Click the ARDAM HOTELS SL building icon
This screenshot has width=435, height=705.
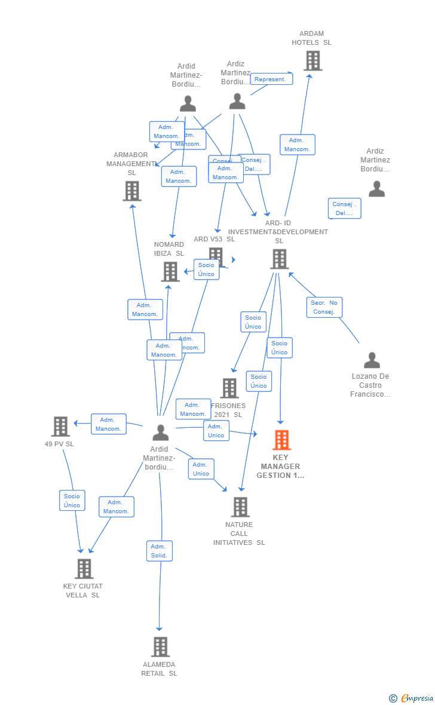tap(313, 61)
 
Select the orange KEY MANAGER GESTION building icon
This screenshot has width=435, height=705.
tap(281, 440)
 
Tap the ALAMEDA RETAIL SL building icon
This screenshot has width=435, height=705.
tap(160, 646)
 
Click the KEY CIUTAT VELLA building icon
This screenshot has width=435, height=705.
tap(84, 569)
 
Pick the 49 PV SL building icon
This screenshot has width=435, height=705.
tap(60, 427)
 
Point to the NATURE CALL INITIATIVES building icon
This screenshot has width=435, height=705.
tap(240, 507)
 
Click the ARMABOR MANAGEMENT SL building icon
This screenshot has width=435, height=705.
tap(132, 191)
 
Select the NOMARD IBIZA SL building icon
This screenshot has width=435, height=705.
tap(170, 272)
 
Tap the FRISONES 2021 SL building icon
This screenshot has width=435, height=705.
tap(229, 388)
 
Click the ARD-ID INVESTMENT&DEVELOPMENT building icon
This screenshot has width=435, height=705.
tap(279, 259)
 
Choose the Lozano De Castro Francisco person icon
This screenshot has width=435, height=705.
tap(372, 360)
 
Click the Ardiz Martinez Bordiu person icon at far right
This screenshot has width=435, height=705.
tap(376, 189)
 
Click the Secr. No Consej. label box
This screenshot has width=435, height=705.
tap(324, 307)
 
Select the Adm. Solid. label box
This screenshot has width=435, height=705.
tap(159, 551)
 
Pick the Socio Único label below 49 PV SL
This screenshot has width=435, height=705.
tap(72, 501)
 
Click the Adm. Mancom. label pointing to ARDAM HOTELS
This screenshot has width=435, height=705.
tap(297, 145)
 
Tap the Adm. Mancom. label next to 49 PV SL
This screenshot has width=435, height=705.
tap(108, 424)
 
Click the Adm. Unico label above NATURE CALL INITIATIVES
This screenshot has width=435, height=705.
tap(201, 469)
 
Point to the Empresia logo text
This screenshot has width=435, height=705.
tap(417, 698)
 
